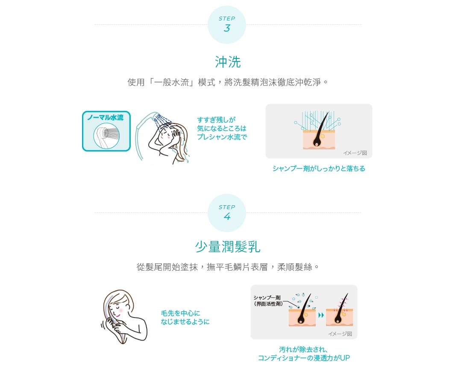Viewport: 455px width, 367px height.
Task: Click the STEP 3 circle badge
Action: tap(226, 25)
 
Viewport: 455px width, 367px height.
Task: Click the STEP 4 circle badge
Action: tap(226, 213)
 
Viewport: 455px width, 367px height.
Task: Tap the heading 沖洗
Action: tap(228, 62)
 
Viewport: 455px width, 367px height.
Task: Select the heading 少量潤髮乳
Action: tap(228, 247)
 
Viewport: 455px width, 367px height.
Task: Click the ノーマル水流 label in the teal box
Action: tap(106, 118)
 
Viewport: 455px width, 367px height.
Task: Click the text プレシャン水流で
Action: tap(222, 137)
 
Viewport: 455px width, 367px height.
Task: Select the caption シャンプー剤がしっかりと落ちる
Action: tap(319, 169)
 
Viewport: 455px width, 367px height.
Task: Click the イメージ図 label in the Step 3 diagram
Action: tap(355, 153)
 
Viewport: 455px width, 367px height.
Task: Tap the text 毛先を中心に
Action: tap(180, 313)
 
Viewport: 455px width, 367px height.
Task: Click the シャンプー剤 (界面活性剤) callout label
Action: tap(268, 300)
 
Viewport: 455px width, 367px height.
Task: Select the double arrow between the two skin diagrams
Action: tap(320, 315)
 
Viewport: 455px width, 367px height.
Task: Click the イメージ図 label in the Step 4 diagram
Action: tap(340, 334)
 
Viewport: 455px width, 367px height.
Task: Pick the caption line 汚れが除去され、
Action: tap(303, 350)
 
